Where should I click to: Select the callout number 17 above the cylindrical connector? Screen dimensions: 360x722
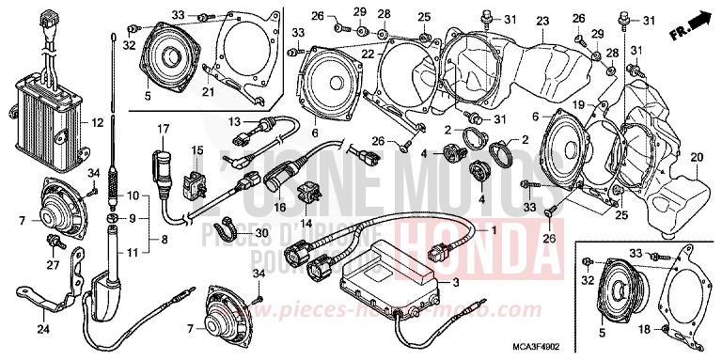161,129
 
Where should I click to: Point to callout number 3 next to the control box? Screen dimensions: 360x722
456,282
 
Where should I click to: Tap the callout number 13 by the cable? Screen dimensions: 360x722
235,120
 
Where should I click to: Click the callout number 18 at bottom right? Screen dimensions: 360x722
644,330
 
